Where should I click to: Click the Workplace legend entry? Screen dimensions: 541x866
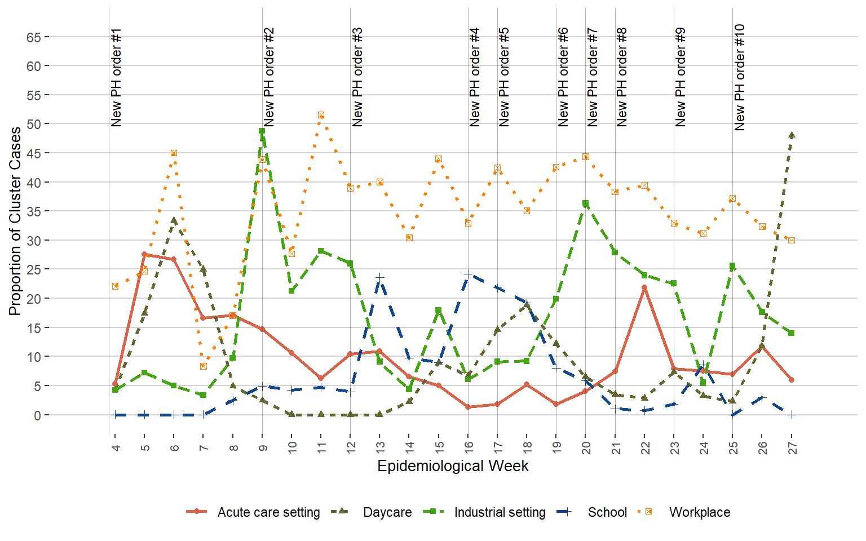point(699,512)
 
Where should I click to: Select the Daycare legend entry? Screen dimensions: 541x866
point(387,512)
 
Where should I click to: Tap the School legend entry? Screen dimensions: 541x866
point(607,512)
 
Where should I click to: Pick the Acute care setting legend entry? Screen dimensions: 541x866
point(268,512)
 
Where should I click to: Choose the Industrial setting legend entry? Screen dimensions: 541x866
point(500,512)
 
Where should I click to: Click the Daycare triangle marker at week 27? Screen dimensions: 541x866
point(792,135)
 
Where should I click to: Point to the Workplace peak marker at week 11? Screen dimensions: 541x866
point(321,115)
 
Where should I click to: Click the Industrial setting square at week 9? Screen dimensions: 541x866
point(262,131)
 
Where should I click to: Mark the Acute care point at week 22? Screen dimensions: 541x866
point(644,288)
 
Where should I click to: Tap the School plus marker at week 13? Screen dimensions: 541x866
point(379,278)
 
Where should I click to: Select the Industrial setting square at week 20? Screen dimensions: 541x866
point(586,203)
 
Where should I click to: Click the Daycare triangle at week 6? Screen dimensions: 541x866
point(174,220)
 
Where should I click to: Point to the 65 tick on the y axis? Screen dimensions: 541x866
point(33,37)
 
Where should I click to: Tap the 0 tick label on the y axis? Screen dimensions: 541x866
point(37,415)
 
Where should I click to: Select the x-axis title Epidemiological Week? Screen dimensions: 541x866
point(453,466)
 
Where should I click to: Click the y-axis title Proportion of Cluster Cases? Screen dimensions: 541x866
point(15,221)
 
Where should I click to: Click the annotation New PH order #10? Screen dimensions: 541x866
point(740,77)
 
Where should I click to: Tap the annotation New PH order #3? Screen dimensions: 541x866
point(357,77)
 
